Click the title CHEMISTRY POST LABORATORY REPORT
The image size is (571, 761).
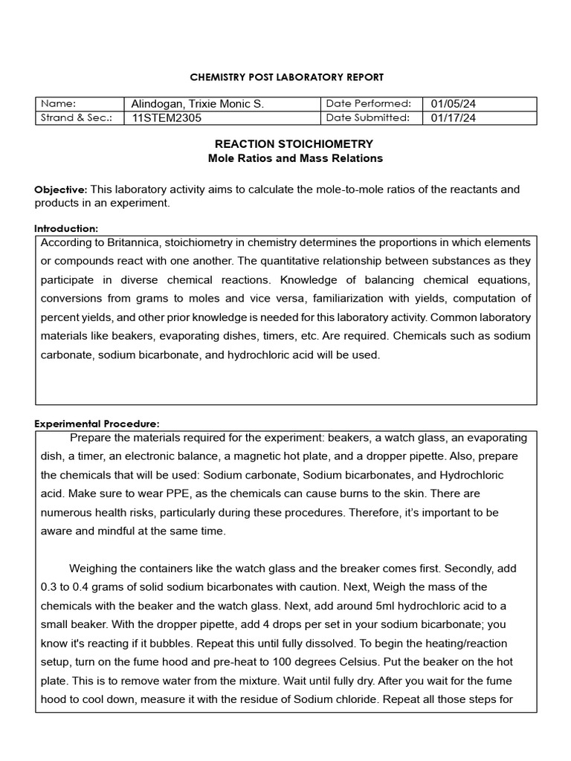pos(287,77)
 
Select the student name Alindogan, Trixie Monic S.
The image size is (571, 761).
pos(197,104)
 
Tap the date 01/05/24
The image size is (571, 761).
pos(454,104)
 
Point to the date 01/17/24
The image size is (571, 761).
pos(454,117)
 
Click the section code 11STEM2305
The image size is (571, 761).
pos(166,117)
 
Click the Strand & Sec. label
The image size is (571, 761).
pos(77,117)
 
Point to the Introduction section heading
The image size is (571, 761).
pos(66,229)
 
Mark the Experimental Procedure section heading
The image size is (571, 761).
pos(97,424)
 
